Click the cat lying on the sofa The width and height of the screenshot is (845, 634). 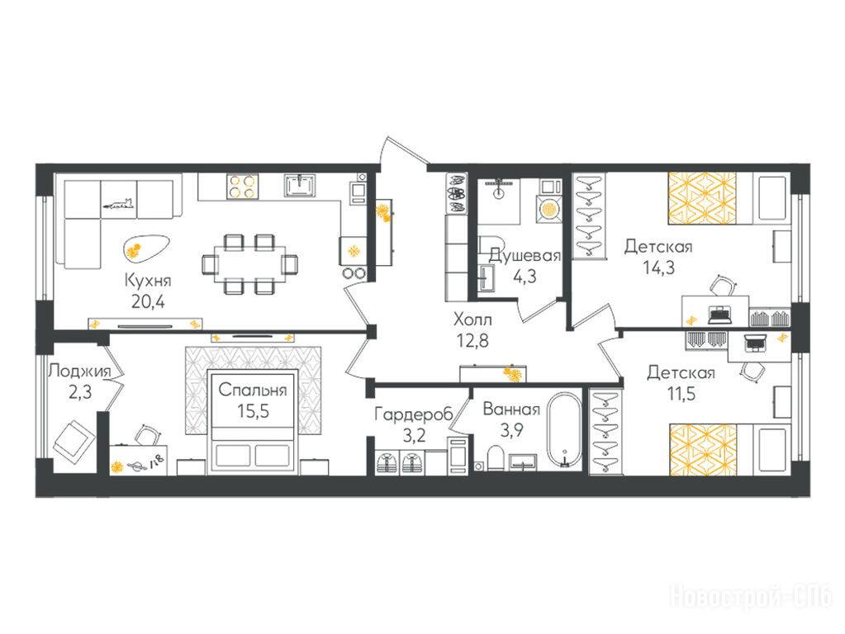click(x=119, y=204)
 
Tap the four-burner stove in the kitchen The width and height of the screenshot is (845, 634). click(x=242, y=187)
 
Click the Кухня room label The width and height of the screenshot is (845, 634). click(x=148, y=282)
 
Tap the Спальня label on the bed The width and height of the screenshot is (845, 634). click(x=253, y=390)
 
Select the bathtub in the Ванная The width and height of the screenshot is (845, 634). click(x=563, y=429)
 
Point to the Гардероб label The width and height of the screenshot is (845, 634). click(x=414, y=414)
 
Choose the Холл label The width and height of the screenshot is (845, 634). click(x=472, y=320)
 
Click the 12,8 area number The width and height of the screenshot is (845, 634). click(x=472, y=340)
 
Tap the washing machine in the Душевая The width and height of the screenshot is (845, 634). click(x=549, y=209)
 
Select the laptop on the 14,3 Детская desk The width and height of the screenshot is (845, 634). click(x=719, y=314)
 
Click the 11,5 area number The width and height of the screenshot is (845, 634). click(x=681, y=394)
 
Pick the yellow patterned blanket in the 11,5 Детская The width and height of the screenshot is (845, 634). click(x=703, y=450)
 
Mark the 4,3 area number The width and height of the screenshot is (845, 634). click(x=525, y=277)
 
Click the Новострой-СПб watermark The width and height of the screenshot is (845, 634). click(x=751, y=597)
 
